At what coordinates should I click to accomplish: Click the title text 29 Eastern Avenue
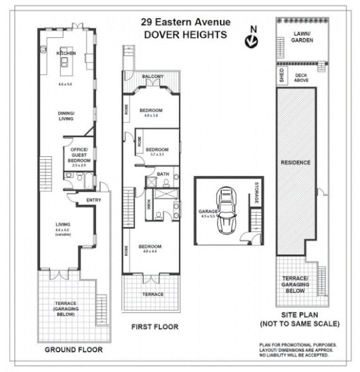[x=185, y=22]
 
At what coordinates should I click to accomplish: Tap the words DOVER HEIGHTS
[x=185, y=35]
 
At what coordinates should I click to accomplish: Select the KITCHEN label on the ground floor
[x=66, y=54]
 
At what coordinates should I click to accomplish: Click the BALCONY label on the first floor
[x=153, y=77]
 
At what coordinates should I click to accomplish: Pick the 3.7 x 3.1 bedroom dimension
[x=157, y=154]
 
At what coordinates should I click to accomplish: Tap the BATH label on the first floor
[x=163, y=174]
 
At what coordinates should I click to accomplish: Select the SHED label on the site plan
[x=281, y=77]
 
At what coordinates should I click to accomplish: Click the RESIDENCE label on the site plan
[x=295, y=163]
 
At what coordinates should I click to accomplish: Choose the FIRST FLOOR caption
[x=155, y=327]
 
